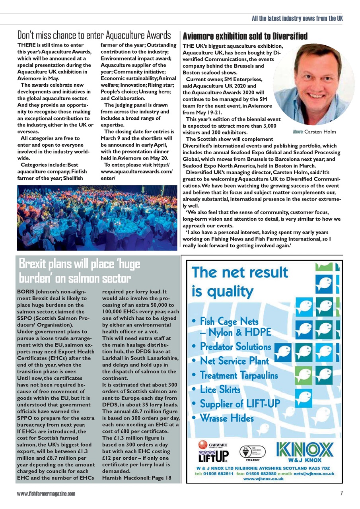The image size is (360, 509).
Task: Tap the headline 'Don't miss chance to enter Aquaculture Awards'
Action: tap(94, 35)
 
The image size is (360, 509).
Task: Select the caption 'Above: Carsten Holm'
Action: tap(314, 132)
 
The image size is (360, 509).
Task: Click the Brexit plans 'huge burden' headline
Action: tap(80, 270)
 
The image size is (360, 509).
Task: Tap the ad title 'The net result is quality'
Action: tap(239, 282)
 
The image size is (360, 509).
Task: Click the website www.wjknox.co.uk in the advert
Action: tap(263, 479)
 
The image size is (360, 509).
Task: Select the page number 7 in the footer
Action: tap(341, 493)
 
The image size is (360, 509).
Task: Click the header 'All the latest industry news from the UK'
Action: tap(297, 18)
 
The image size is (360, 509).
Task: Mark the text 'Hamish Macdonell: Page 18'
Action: tap(136, 478)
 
